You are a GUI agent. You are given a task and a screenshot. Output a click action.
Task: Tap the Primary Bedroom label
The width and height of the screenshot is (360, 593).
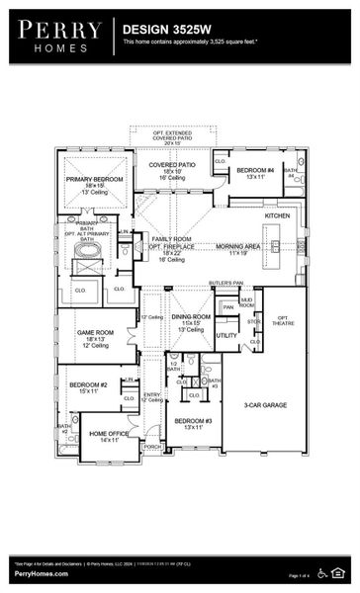93,182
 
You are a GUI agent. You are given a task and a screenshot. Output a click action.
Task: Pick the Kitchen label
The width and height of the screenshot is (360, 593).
277,214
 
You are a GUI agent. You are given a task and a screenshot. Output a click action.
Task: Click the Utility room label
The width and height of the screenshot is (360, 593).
226,335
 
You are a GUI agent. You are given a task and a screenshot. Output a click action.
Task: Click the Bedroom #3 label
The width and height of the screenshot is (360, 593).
192,423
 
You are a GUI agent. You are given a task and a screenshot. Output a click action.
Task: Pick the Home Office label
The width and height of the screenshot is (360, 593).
108,436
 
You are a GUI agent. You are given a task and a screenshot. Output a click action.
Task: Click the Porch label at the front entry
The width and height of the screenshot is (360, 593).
152,447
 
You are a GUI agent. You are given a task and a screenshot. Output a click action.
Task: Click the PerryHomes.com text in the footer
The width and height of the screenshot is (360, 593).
42,574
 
